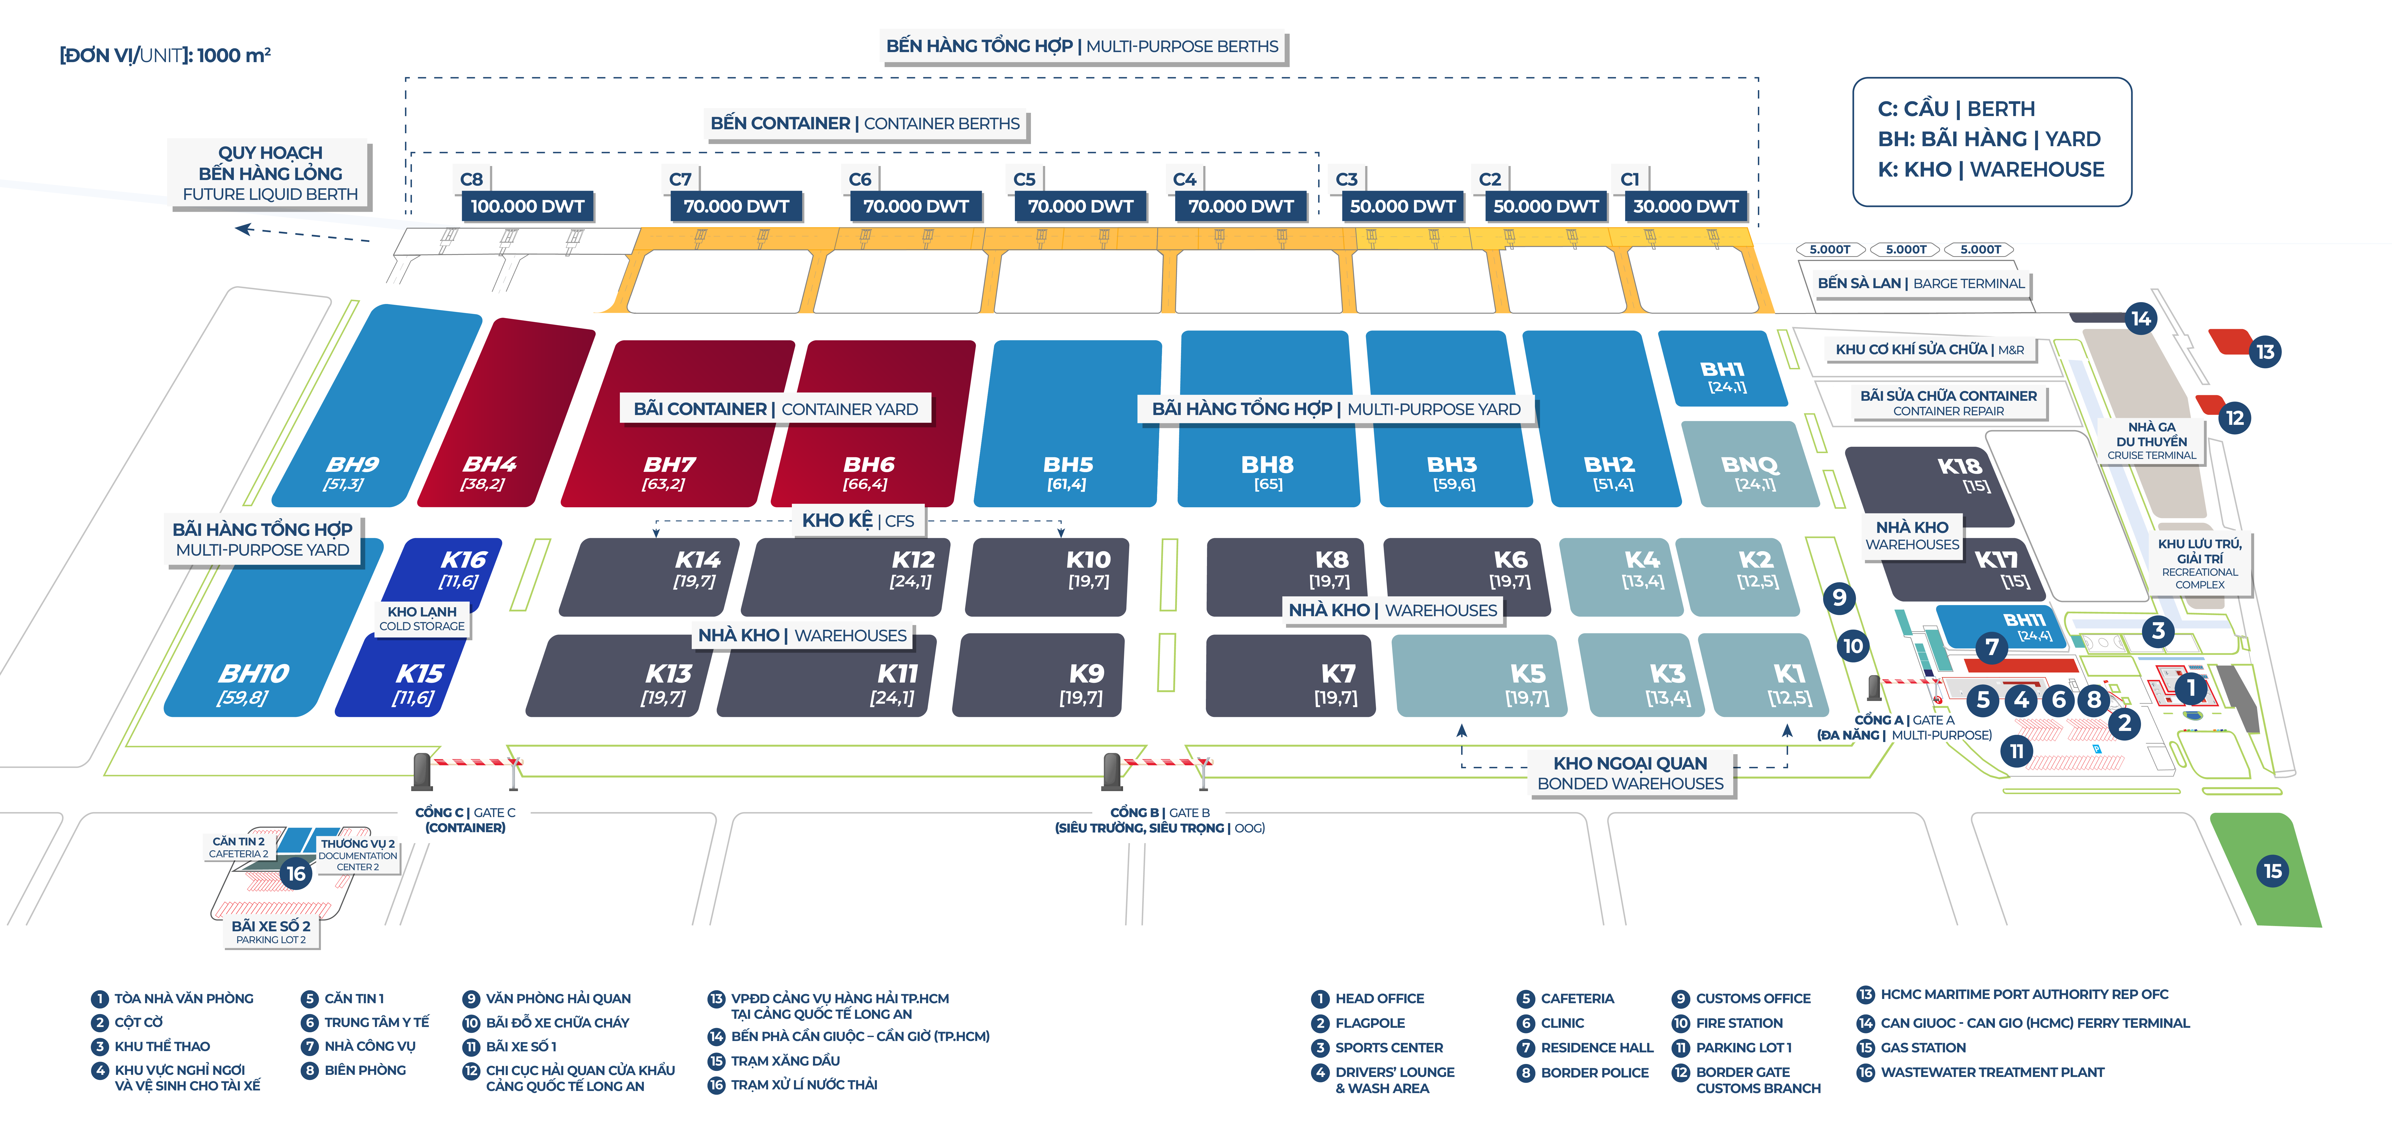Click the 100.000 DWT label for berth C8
point(527,206)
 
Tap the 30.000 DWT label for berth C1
point(1685,206)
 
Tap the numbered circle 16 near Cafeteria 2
point(296,873)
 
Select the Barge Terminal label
point(1920,283)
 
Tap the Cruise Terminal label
point(2152,441)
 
